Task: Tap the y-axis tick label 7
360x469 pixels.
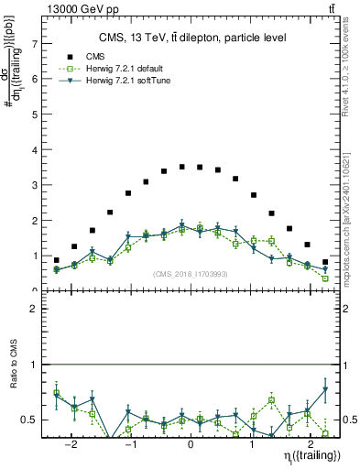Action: click(x=36, y=43)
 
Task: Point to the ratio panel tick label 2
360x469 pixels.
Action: click(x=36, y=309)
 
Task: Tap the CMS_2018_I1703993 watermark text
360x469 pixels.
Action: click(x=190, y=274)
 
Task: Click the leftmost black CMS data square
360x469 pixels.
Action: click(x=56, y=260)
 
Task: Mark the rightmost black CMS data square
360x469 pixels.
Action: click(x=325, y=262)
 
